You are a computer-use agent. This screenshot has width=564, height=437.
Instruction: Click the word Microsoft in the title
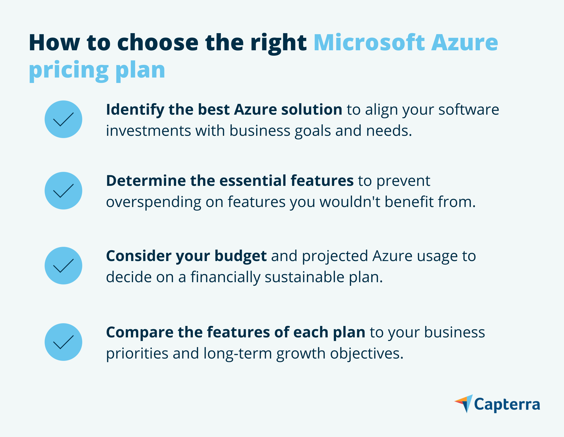pos(369,43)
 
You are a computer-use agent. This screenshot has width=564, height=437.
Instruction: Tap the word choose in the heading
pos(158,43)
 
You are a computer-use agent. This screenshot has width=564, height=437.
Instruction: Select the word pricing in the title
pos(69,70)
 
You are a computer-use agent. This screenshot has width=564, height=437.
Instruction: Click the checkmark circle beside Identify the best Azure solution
pos(63,119)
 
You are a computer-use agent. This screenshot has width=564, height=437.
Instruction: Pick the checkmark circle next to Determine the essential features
pos(63,191)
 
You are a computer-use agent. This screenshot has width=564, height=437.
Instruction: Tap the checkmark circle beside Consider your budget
pos(63,266)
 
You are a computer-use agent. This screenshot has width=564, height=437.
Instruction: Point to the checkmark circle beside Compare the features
pos(63,342)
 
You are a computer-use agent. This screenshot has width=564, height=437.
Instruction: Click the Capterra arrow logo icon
pos(464,404)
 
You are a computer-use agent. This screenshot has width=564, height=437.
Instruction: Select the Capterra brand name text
pos(507,405)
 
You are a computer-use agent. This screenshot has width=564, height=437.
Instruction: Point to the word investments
pos(149,131)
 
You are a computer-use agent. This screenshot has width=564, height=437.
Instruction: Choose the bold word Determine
pos(146,180)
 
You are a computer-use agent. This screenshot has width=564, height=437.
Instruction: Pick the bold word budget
pos(241,256)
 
